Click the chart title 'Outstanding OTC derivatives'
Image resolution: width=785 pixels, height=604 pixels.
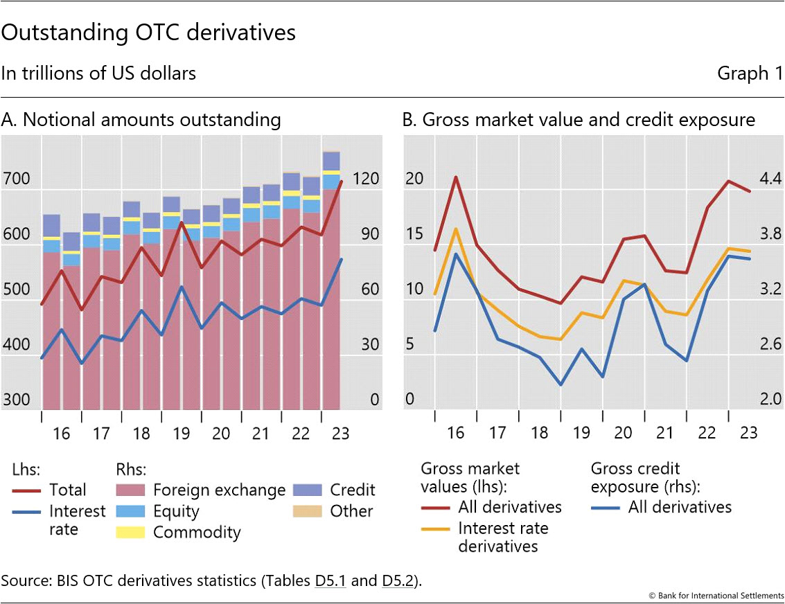pos(148,33)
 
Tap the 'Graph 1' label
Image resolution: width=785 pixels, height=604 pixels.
pos(750,73)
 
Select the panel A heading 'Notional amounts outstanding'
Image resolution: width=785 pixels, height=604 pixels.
pos(141,120)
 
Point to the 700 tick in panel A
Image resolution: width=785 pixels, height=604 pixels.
pos(16,179)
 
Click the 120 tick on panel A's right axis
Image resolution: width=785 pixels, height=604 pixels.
pos(365,179)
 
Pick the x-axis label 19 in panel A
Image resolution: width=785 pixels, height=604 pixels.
pos(181,434)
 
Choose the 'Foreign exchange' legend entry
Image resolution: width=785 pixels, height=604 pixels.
pos(219,490)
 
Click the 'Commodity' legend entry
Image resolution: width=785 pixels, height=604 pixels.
pos(197,532)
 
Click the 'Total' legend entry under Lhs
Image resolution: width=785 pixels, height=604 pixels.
pos(67,490)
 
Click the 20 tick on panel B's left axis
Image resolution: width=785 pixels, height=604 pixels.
pos(414,179)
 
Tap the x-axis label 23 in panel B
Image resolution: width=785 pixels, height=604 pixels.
pos(749,434)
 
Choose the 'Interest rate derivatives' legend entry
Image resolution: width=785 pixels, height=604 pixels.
pos(503,537)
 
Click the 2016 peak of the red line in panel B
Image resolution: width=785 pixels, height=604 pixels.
pos(456,177)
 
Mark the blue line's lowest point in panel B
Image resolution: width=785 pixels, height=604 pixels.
pos(561,384)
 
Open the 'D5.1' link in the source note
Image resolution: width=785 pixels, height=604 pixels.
pos(330,580)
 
